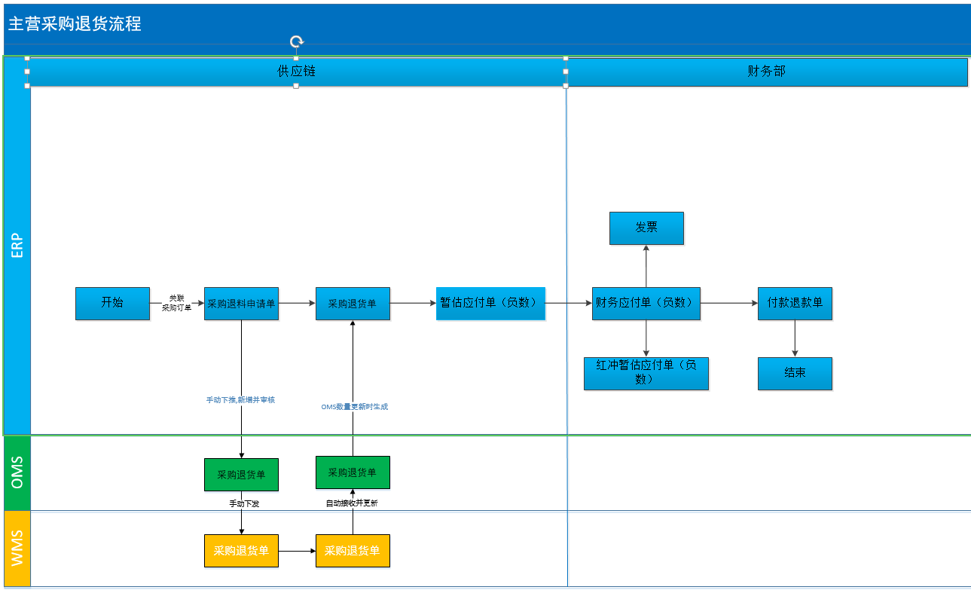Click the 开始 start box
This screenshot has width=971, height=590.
coord(113,304)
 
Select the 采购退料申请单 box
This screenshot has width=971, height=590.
coord(242,304)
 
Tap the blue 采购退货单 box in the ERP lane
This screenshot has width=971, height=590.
coord(353,304)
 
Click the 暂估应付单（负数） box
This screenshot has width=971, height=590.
coord(490,304)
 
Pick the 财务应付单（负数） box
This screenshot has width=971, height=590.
coord(646,304)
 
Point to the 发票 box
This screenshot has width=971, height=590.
coord(647,228)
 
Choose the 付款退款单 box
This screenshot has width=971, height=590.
coord(795,304)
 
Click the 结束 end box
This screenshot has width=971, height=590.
coord(795,374)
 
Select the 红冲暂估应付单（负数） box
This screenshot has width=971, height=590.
coord(646,374)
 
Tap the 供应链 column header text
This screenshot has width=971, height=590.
coord(297,71)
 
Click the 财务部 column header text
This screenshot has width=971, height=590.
coord(766,71)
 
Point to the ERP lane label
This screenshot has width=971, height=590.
coord(17,246)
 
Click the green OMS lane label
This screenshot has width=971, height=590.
coord(17,472)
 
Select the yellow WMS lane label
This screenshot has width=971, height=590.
coord(17,548)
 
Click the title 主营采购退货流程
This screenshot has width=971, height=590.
coord(75,23)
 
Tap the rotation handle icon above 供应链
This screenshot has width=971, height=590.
coord(297,41)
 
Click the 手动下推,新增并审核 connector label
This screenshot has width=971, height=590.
coord(240,399)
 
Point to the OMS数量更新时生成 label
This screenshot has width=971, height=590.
coord(355,407)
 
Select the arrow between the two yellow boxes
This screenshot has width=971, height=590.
coord(298,551)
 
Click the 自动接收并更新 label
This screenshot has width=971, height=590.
coord(352,503)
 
